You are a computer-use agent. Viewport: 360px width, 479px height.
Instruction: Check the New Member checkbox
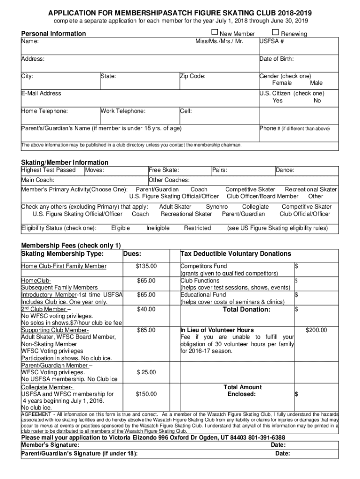(x=215, y=33)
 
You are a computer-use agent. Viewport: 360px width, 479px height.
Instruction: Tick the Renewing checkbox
(x=275, y=33)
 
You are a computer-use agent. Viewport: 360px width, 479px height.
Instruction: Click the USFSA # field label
(x=272, y=41)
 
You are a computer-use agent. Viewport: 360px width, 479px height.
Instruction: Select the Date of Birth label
(x=276, y=59)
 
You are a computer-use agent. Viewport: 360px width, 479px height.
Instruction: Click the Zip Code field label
(x=193, y=76)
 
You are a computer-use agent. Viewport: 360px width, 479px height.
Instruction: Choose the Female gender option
(x=282, y=83)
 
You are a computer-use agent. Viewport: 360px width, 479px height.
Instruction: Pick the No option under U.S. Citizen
(x=317, y=101)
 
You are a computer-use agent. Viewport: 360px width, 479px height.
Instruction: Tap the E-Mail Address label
(x=41, y=94)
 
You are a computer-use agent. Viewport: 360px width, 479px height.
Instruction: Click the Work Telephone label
(x=123, y=111)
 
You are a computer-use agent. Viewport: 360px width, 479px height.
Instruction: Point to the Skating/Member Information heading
(x=65, y=163)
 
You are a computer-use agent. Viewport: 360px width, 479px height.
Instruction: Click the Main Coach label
(x=38, y=180)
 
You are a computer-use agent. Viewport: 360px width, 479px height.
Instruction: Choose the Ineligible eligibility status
(x=158, y=228)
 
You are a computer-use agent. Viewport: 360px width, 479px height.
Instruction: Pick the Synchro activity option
(x=216, y=207)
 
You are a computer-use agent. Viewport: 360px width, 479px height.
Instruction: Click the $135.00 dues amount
(x=146, y=267)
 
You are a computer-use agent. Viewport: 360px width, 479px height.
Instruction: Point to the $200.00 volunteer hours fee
(x=316, y=330)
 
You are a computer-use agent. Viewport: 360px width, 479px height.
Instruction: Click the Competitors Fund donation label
(x=204, y=267)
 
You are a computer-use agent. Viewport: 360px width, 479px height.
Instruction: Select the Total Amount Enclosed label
(x=243, y=391)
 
